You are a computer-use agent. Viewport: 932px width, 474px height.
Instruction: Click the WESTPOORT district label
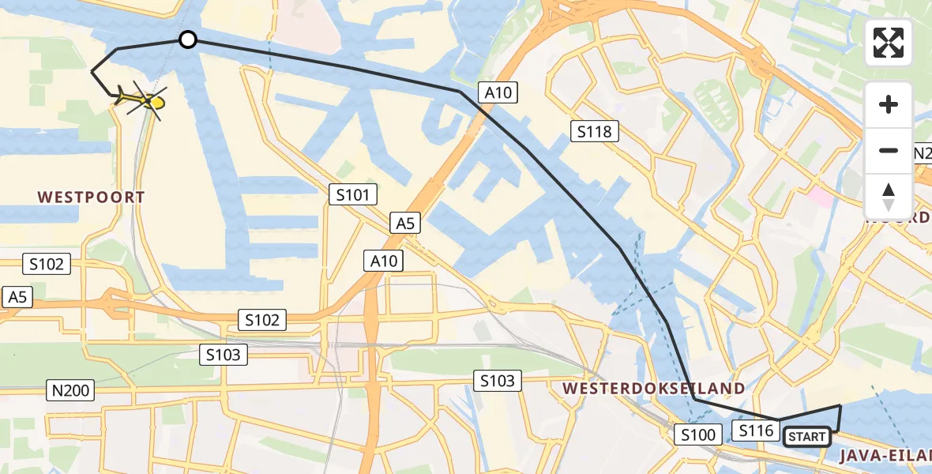[x=92, y=197]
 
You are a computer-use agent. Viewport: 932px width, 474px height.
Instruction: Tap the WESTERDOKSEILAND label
[x=653, y=388]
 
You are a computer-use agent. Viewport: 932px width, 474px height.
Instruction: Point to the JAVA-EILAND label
[x=885, y=455]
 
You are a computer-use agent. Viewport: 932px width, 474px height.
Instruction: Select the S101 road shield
[x=353, y=194]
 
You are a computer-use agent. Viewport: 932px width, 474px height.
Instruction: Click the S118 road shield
[x=595, y=131]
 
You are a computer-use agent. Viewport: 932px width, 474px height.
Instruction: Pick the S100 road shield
[x=698, y=434]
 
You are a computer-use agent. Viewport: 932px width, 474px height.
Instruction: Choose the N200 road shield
[x=71, y=389]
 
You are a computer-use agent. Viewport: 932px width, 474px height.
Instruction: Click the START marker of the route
[x=806, y=437]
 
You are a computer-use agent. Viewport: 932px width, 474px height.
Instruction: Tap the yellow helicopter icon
[x=144, y=100]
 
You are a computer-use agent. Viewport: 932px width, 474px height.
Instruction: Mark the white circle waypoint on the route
[x=187, y=39]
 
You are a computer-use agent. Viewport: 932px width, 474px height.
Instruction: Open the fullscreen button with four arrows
[x=889, y=43]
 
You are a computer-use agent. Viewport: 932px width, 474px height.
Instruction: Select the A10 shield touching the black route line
[x=498, y=92]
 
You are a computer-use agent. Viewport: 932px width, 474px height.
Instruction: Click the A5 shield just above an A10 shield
[x=405, y=224]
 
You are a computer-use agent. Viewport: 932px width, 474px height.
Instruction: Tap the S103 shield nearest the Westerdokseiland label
[x=498, y=382]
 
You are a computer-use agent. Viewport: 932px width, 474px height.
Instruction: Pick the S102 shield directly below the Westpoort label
[x=47, y=264]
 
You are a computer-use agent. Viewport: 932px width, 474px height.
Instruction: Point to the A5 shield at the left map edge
[x=18, y=297]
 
